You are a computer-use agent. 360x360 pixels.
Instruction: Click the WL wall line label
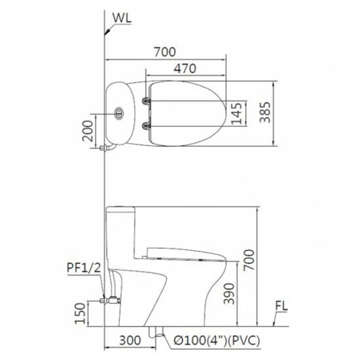coord(122,18)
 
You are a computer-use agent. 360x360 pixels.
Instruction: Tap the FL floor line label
coord(281,306)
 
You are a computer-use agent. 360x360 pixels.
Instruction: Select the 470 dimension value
coord(185,69)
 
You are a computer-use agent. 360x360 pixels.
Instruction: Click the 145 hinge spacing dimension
coord(237,113)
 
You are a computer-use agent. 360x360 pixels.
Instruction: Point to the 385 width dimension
coord(265,113)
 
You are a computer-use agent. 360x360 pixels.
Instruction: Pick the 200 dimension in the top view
coord(88,131)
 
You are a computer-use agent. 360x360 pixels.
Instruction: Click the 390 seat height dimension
coord(229,294)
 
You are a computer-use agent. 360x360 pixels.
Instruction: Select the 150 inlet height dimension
coord(81,313)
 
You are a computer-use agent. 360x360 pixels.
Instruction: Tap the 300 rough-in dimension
coord(130,340)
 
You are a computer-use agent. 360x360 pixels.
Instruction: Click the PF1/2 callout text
coord(84,268)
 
